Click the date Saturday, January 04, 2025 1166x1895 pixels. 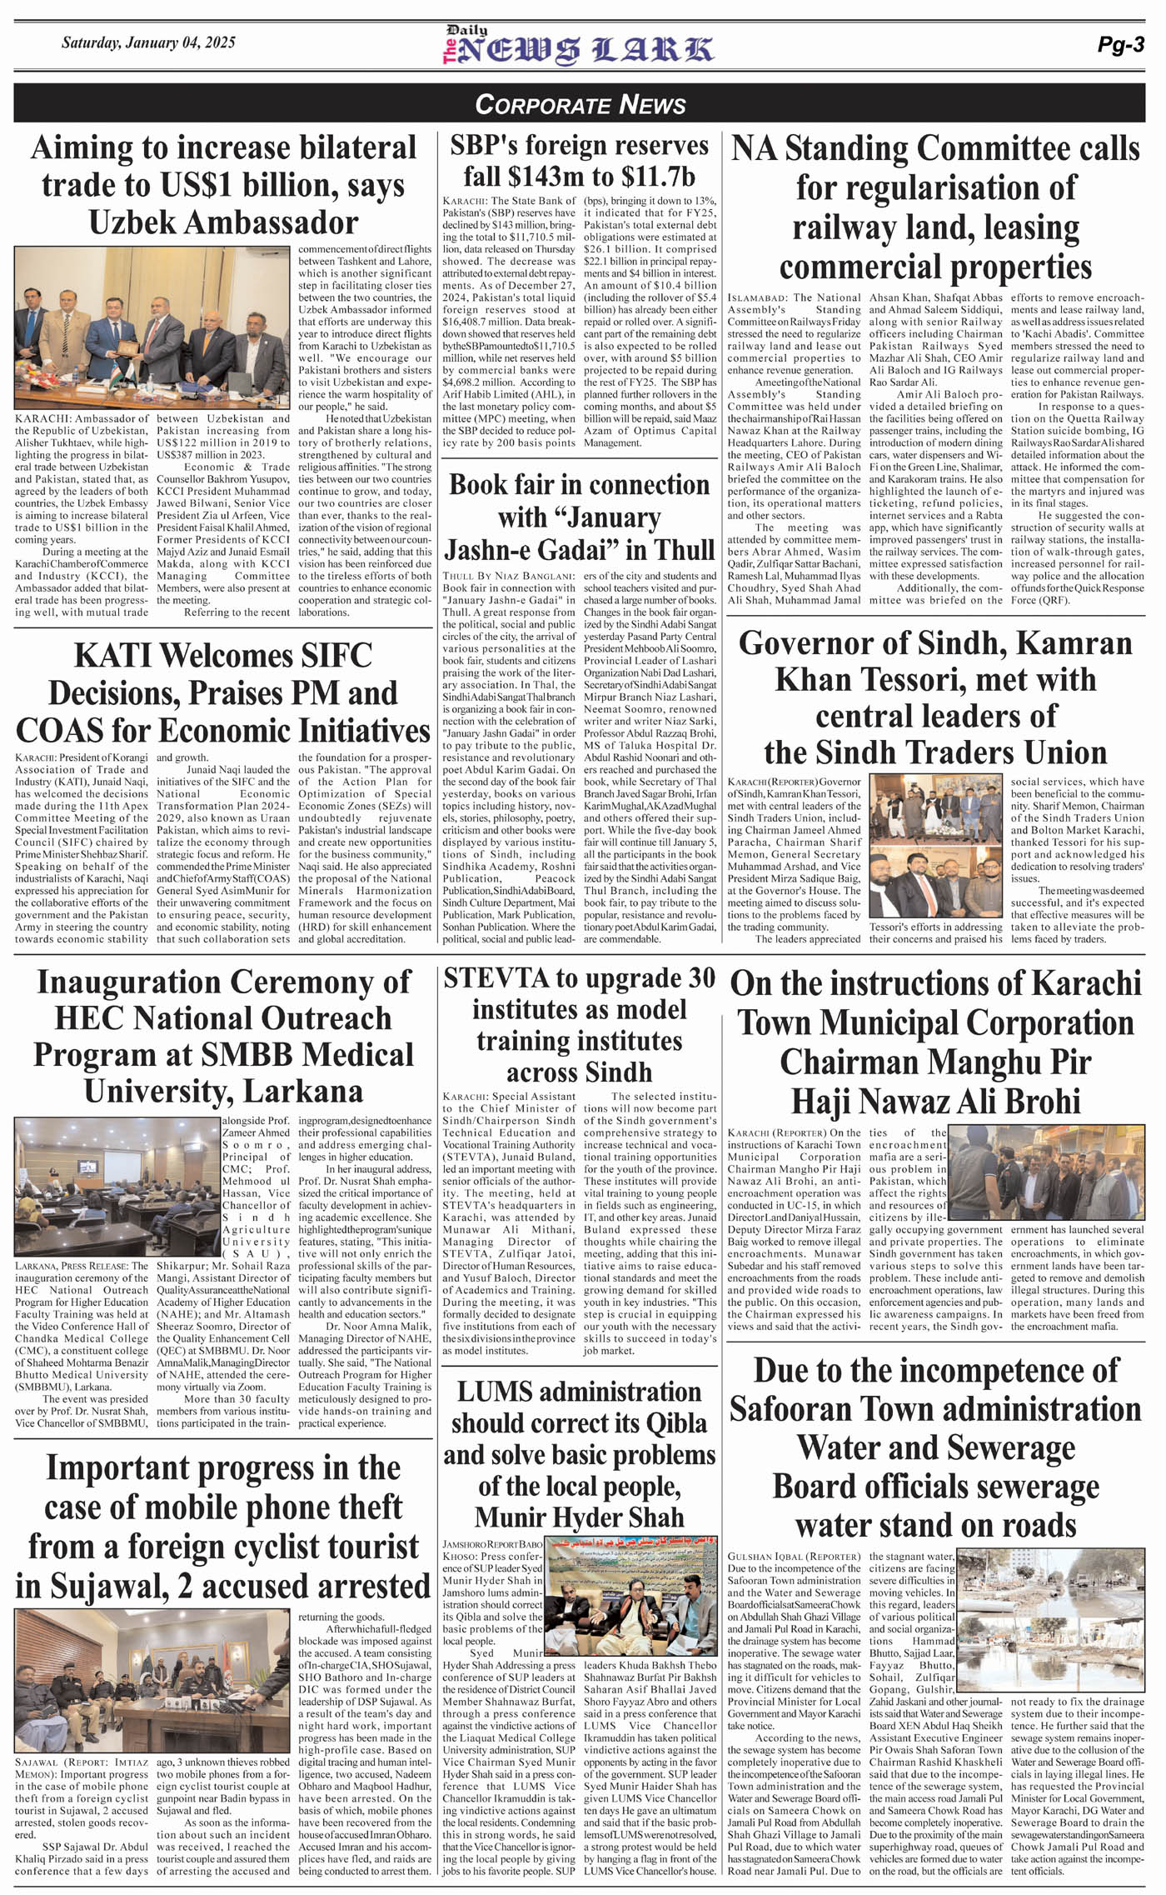(x=148, y=42)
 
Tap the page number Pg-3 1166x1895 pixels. (x=1120, y=45)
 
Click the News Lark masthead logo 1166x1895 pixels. (x=578, y=47)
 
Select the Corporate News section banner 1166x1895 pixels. (x=580, y=104)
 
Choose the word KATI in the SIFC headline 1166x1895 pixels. (x=111, y=655)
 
